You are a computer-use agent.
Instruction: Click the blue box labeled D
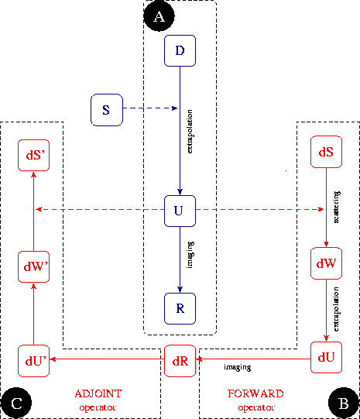pyautogui.click(x=180, y=51)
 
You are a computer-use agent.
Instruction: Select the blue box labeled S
pyautogui.click(x=106, y=109)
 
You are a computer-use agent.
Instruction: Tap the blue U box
pyautogui.click(x=180, y=210)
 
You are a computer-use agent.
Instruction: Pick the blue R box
pyautogui.click(x=180, y=308)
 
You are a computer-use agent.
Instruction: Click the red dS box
pyautogui.click(x=325, y=152)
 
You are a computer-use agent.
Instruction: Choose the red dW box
pyautogui.click(x=325, y=263)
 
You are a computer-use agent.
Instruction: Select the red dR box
pyautogui.click(x=180, y=361)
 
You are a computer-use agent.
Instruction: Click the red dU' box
pyautogui.click(x=33, y=361)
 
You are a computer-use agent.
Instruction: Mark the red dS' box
pyautogui.click(x=33, y=155)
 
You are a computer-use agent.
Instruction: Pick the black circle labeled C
pyautogui.click(x=16, y=402)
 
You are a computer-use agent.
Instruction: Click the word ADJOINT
pyautogui.click(x=99, y=393)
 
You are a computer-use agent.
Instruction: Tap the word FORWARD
pyautogui.click(x=255, y=393)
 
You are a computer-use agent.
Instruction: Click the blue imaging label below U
pyautogui.click(x=190, y=256)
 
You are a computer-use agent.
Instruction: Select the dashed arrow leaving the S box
pyautogui.click(x=151, y=109)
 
